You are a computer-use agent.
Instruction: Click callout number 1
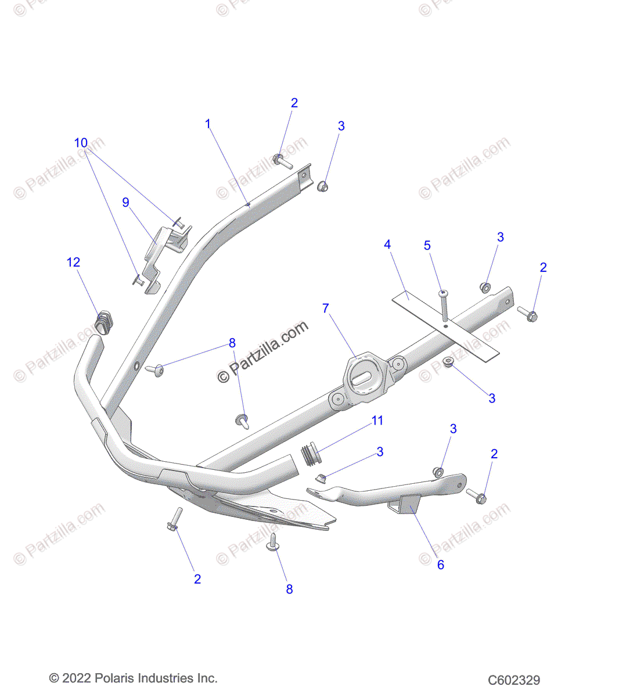[x=208, y=124]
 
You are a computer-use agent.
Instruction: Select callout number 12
[x=73, y=263]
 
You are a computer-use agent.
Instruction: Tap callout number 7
[x=326, y=308]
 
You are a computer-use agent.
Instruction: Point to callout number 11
[x=377, y=421]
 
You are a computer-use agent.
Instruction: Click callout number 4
[x=387, y=245]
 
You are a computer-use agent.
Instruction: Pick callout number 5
[x=427, y=246]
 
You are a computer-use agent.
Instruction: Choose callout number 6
[x=440, y=565]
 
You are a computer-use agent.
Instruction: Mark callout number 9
[x=125, y=202]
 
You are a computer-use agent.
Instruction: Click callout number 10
[x=81, y=143]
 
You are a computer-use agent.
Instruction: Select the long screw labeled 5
[x=444, y=305]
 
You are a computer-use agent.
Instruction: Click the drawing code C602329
[x=514, y=680]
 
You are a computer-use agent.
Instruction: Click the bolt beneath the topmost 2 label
[x=283, y=161]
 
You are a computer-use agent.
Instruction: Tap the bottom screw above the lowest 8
[x=273, y=544]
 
